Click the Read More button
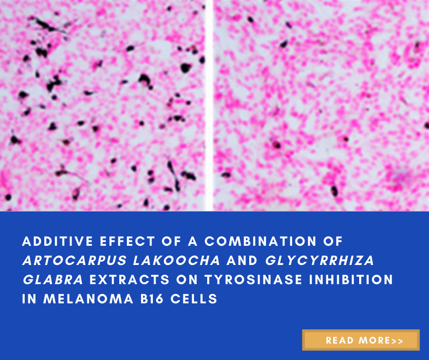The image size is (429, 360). pyautogui.click(x=361, y=340)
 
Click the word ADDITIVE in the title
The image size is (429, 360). pyautogui.click(x=58, y=241)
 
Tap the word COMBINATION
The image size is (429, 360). pyautogui.click(x=261, y=241)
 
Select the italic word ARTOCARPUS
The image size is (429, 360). pyautogui.click(x=75, y=260)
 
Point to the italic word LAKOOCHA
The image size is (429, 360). pyautogui.click(x=177, y=260)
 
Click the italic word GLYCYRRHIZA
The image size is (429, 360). pyautogui.click(x=319, y=260)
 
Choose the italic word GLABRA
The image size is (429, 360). pyautogui.click(x=53, y=280)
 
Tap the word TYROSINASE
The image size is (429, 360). pyautogui.click(x=253, y=280)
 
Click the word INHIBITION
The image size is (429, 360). pyautogui.click(x=351, y=280)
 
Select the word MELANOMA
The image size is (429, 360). pyautogui.click(x=89, y=299)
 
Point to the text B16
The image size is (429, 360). pyautogui.click(x=152, y=299)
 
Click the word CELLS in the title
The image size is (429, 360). pyautogui.click(x=194, y=299)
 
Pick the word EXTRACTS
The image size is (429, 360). pyautogui.click(x=130, y=280)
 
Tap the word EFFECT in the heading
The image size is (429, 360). pyautogui.click(x=127, y=241)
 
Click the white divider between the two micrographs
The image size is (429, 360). pyautogui.click(x=209, y=106)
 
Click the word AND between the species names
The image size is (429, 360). pyautogui.click(x=242, y=260)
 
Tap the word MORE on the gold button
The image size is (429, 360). pyautogui.click(x=374, y=340)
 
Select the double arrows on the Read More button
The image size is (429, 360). pyautogui.click(x=397, y=341)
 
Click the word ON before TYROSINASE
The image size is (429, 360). pyautogui.click(x=187, y=280)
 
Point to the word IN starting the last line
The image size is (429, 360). pyautogui.click(x=29, y=299)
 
